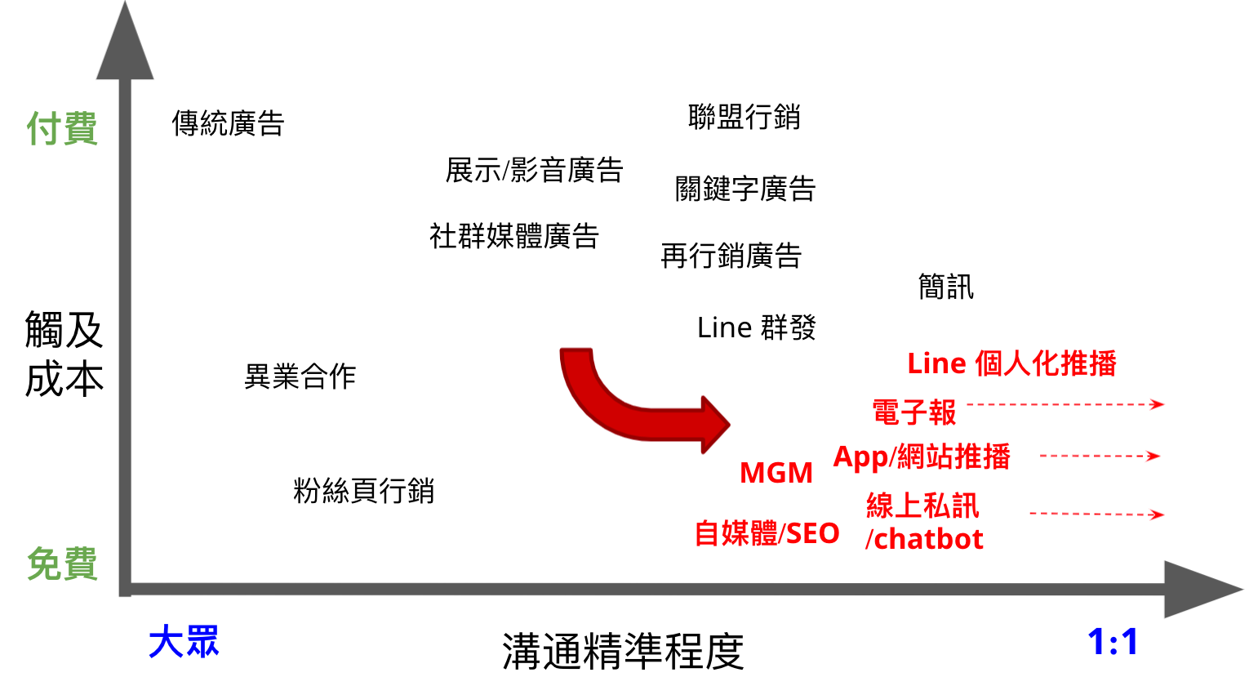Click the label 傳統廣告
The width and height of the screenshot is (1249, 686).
coord(228,124)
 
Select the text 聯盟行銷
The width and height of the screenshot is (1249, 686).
coord(744,117)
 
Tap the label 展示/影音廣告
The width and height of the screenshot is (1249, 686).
coord(534,171)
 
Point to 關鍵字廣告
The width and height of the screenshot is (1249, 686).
coord(745,189)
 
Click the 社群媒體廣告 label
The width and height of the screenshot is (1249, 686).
coord(514,236)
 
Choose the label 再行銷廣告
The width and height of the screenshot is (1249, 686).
coord(731,256)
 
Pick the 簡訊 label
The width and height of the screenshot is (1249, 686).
coord(945,287)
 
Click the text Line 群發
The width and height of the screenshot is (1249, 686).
coord(756,327)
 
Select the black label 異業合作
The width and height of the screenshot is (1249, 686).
coord(300,376)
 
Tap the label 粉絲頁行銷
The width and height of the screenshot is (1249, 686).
coord(363,491)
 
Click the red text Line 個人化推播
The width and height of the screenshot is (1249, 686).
coord(1011,363)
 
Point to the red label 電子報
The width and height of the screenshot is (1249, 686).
coord(913,412)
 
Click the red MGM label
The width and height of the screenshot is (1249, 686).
coord(776,473)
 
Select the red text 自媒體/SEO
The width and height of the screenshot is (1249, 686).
coord(767,533)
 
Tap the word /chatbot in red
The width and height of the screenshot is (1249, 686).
coord(924,539)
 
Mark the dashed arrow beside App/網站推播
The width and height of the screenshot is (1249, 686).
coord(1099,456)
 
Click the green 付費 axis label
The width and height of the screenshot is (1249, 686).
coord(62,129)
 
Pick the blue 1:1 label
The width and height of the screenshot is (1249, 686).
coord(1113,642)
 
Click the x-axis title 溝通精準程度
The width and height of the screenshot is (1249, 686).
coord(623,651)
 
